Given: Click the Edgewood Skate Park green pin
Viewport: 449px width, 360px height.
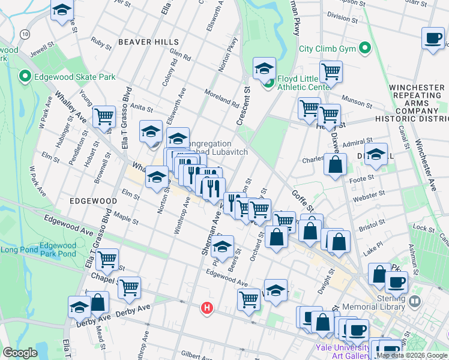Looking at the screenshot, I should coord(25,76).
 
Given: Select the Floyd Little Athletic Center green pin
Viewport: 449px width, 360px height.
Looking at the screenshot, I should coord(270,82).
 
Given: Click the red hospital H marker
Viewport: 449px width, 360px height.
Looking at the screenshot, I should coord(207,308).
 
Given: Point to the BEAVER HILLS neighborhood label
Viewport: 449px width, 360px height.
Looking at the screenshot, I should coord(148,42).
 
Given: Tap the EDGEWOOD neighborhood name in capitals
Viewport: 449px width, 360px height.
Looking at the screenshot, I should coord(92,200).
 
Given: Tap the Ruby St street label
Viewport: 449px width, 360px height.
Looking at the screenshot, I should coord(101,43).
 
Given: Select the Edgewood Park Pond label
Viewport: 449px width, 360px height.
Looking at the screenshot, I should coord(58,250).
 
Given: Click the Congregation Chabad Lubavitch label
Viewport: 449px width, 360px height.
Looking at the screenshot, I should coord(213,148).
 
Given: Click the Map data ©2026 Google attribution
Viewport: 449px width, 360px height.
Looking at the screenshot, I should coord(412,355).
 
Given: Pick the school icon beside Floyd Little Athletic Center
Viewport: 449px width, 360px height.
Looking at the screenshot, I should coord(264,68).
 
